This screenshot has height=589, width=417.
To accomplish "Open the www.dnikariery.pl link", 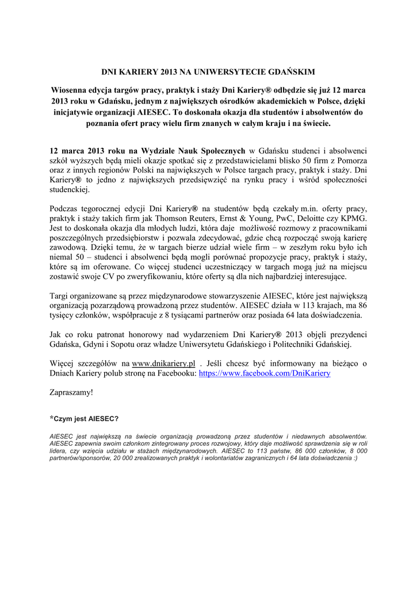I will pyautogui.click(x=164, y=364).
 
